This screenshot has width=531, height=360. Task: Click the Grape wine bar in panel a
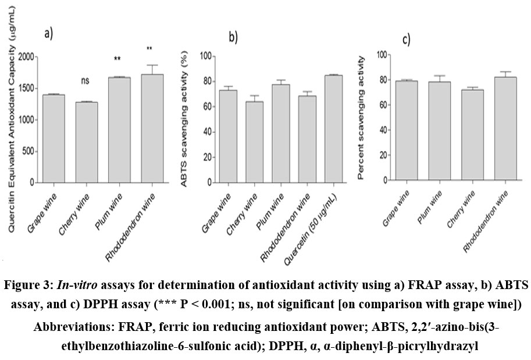[53, 138]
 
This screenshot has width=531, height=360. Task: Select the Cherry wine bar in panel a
[85, 142]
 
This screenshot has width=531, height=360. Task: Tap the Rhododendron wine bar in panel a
[151, 129]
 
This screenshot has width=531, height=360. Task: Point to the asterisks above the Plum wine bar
[117, 59]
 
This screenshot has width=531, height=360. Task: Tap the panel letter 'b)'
[233, 37]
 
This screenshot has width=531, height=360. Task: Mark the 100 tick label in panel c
[381, 55]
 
